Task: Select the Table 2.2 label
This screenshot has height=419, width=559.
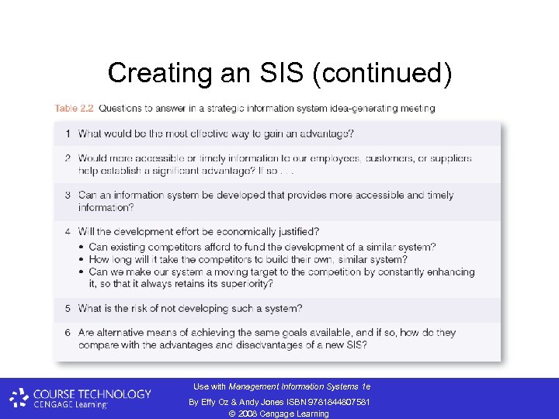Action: point(74,108)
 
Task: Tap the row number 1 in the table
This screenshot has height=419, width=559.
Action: point(68,133)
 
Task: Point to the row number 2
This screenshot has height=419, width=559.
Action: point(68,158)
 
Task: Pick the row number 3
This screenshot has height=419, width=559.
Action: point(68,196)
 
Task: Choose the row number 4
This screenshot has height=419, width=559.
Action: point(68,232)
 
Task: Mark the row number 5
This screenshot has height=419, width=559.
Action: point(68,309)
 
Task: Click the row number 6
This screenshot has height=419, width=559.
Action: point(68,333)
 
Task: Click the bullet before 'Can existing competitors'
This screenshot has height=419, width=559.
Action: point(82,248)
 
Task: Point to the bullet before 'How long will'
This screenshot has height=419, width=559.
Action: point(82,260)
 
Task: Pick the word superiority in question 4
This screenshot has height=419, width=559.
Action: point(247,284)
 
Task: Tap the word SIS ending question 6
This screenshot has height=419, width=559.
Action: point(355,345)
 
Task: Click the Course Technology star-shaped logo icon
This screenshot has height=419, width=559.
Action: point(19,399)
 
